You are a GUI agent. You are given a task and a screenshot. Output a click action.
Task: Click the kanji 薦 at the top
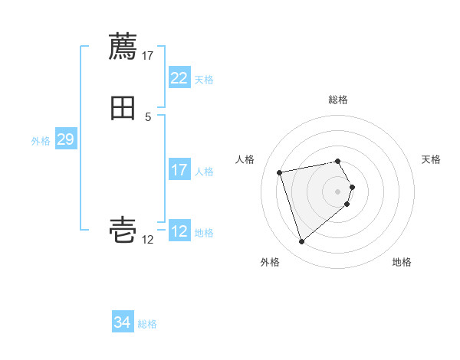(x=123, y=47)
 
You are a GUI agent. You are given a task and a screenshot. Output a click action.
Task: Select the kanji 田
(x=123, y=108)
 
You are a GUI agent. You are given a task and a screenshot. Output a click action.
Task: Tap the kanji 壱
(x=123, y=231)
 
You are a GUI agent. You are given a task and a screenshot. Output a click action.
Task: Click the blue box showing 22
(x=179, y=78)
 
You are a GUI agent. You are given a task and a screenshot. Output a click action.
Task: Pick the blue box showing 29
(x=65, y=139)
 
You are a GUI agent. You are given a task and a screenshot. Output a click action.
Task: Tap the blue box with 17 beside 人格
(x=179, y=170)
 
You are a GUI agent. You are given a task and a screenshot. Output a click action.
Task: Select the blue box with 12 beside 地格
(x=179, y=231)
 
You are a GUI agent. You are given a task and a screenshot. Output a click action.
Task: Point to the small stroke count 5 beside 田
(x=148, y=116)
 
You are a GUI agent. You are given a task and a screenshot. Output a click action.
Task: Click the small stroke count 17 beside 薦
(x=148, y=55)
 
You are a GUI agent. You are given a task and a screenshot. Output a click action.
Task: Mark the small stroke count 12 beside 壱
(x=148, y=239)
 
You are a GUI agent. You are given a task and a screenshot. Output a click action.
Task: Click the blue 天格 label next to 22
(x=204, y=79)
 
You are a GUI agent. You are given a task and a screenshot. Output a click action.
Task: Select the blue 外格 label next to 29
(x=41, y=140)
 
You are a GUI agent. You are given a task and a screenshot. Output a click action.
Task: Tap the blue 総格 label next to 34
(x=147, y=324)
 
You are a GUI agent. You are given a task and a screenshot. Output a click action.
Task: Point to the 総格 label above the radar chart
(x=338, y=100)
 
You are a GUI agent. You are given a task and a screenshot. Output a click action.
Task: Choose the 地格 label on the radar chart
(x=402, y=262)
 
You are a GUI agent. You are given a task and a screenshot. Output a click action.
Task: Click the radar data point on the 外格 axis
(x=302, y=242)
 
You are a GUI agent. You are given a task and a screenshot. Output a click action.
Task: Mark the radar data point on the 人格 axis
(x=280, y=172)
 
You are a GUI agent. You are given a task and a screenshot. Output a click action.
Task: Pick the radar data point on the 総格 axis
(x=338, y=161)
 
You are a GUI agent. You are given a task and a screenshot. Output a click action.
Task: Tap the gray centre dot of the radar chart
(x=338, y=191)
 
